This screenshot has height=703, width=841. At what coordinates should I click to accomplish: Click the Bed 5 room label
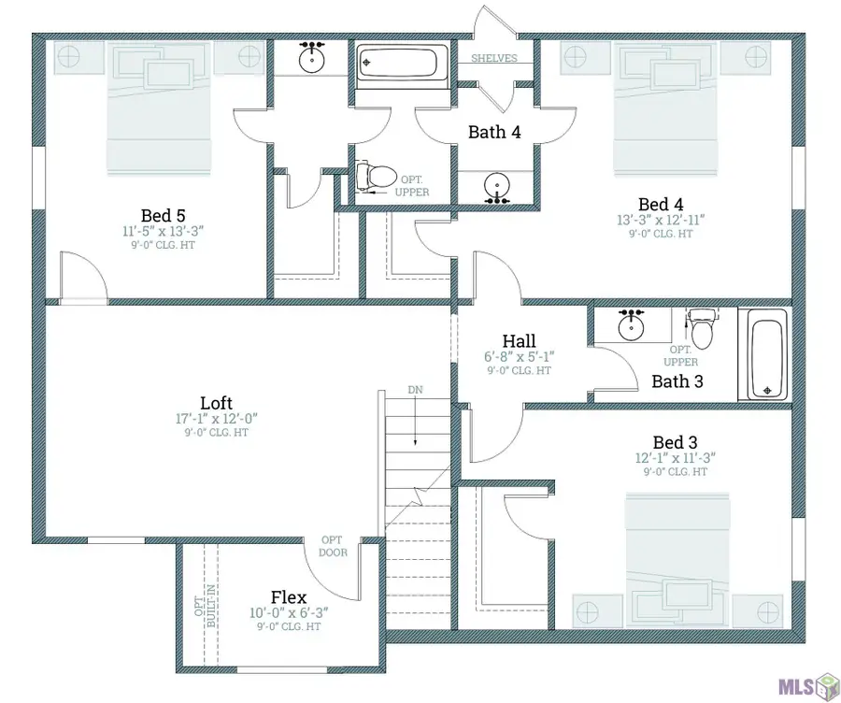click(x=163, y=216)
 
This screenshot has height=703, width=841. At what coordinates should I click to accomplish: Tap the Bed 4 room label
click(x=661, y=205)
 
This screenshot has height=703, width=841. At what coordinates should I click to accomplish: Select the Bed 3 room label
click(x=676, y=443)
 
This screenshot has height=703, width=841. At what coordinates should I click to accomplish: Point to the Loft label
click(x=216, y=403)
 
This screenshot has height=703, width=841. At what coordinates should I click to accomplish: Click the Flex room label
click(x=289, y=597)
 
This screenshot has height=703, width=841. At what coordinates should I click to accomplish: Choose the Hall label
click(x=520, y=341)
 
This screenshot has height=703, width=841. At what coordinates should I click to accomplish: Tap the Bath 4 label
click(x=494, y=132)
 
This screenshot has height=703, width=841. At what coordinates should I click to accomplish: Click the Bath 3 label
click(x=677, y=381)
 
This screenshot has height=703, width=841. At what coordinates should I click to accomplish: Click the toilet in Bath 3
click(x=702, y=327)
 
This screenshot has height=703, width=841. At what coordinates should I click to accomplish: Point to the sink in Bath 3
click(x=631, y=327)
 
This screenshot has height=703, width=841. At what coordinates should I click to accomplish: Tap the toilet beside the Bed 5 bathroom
click(x=376, y=176)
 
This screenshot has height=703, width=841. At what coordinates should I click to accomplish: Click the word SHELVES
click(x=494, y=58)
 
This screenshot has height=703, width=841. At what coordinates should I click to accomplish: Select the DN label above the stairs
click(x=415, y=390)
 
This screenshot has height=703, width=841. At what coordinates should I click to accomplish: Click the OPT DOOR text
click(x=333, y=546)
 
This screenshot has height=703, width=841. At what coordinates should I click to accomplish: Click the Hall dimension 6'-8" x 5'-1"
click(x=520, y=356)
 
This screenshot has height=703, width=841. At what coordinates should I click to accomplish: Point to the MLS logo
click(x=808, y=685)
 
